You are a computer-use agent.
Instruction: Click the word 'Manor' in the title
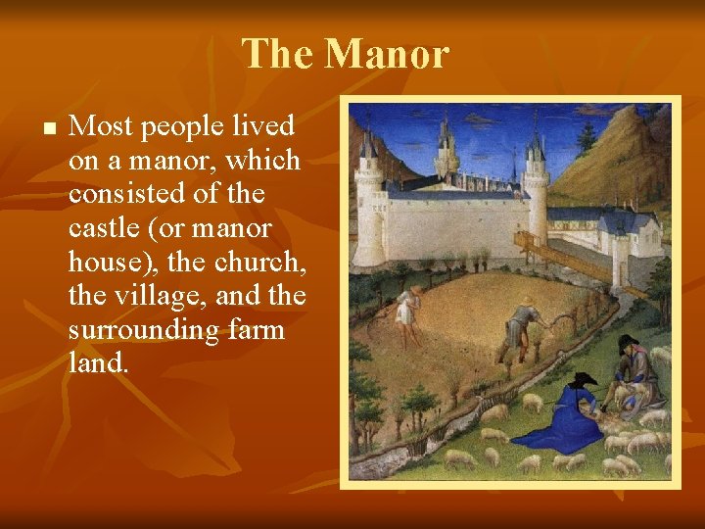[386, 54]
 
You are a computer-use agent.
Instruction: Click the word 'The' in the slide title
[278, 54]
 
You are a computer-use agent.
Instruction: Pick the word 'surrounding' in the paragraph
[144, 329]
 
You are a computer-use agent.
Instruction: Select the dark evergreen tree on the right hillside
[587, 138]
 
